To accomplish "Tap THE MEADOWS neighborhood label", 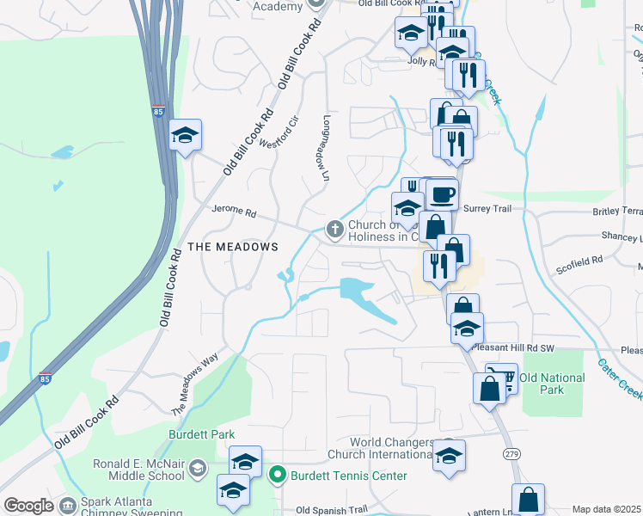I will click(233, 247).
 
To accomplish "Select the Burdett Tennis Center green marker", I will click(278, 475).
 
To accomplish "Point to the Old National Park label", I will click(552, 384).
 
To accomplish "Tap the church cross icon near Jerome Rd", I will click(334, 229).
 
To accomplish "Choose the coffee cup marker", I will click(442, 194).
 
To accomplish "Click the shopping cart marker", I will click(502, 378).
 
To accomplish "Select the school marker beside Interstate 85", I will click(185, 136).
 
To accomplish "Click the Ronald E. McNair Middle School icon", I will click(198, 469).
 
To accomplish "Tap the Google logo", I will click(28, 506).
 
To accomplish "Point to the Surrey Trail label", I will click(487, 209).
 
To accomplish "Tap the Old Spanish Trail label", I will click(331, 510).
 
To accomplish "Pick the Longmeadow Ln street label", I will click(326, 148).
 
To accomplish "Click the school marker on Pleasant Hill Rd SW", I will click(467, 329).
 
